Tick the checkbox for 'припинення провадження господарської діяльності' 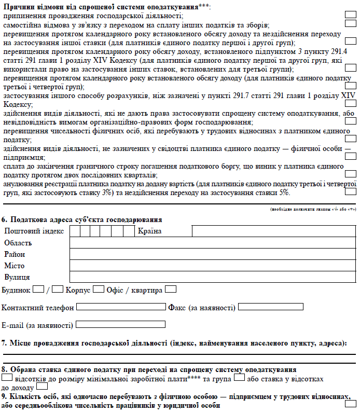point(350,14)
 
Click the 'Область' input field point(213,243)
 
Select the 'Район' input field point(213,254)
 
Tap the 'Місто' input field point(213,266)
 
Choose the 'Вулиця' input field point(213,277)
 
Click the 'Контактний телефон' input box point(121,307)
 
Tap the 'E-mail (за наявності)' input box point(120,325)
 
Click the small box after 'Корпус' point(98,290)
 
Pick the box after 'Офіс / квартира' point(170,290)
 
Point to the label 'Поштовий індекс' point(34,231)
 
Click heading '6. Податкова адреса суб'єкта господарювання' point(82,219)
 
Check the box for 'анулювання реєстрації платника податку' point(350,191)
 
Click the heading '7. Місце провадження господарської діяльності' point(174,343)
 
